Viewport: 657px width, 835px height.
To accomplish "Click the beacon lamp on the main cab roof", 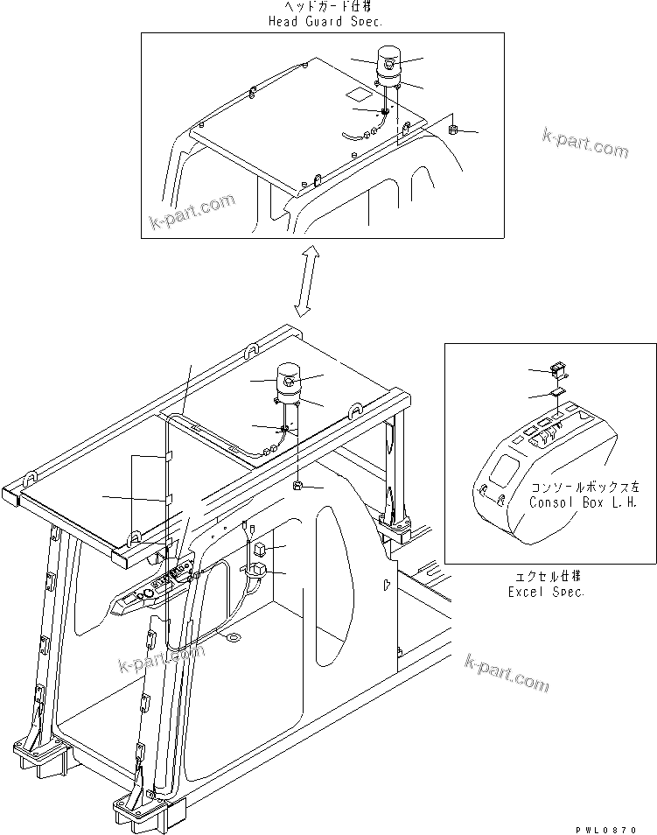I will [288, 380].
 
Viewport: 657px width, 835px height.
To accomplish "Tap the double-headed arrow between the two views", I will [308, 279].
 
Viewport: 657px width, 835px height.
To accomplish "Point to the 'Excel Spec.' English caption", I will [547, 592].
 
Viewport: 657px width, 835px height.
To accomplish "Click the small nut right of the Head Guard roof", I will [453, 130].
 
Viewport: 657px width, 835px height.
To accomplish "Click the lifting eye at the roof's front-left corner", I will [30, 481].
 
